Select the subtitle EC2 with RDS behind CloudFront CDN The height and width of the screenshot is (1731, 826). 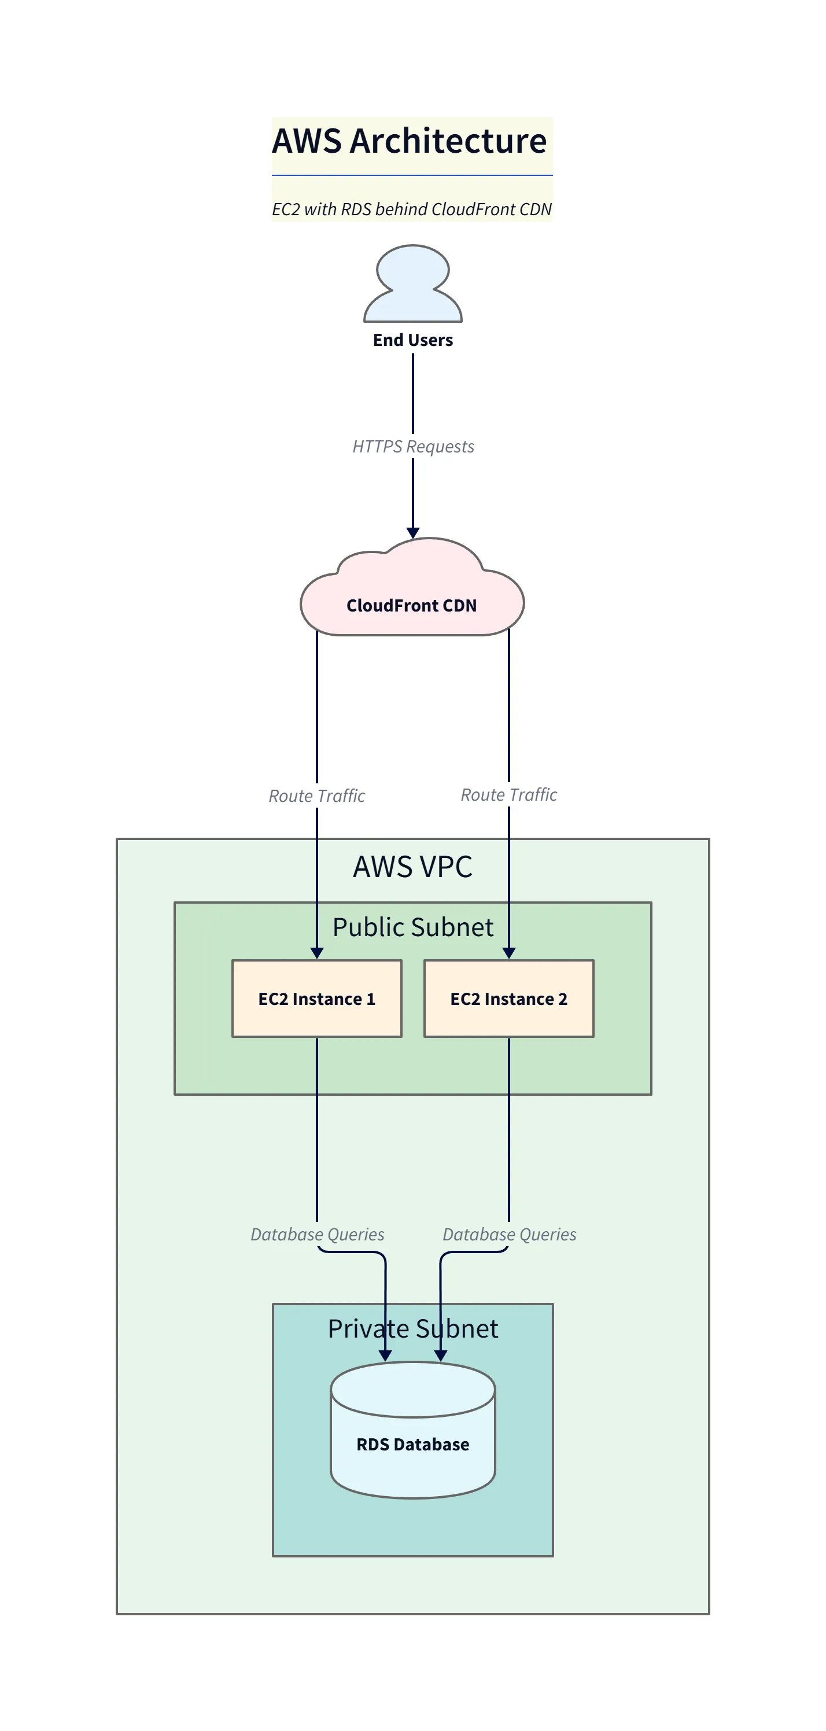(x=411, y=209)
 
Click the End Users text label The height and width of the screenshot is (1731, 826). (x=412, y=340)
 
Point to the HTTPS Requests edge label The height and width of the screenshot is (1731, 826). (x=412, y=446)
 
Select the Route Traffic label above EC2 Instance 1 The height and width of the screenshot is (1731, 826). (x=316, y=795)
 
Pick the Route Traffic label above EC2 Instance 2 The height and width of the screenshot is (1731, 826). (x=509, y=794)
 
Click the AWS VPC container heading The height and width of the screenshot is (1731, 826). (x=412, y=866)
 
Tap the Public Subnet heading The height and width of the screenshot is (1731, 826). (x=412, y=927)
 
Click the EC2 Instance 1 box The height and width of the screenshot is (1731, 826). (x=316, y=999)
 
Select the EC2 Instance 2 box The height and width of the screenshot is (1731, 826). (x=509, y=999)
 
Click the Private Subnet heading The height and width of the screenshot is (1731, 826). (x=412, y=1328)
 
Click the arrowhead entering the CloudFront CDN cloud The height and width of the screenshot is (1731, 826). (x=412, y=533)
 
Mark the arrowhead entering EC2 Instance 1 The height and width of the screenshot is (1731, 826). (x=316, y=953)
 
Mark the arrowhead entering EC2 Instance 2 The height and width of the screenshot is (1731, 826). (x=509, y=953)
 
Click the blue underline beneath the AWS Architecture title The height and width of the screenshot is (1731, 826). (x=411, y=175)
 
